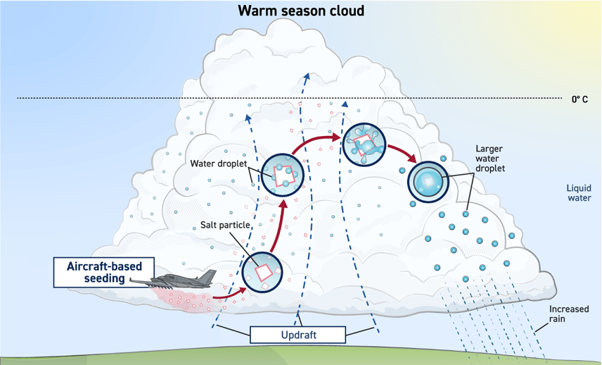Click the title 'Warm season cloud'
pyautogui.click(x=300, y=11)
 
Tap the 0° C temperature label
pyautogui.click(x=579, y=99)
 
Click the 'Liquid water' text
pyautogui.click(x=580, y=192)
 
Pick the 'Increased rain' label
pyautogui.click(x=570, y=314)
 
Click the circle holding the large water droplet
pyautogui.click(x=428, y=182)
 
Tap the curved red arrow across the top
pyautogui.click(x=316, y=142)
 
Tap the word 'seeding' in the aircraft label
pyautogui.click(x=105, y=278)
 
